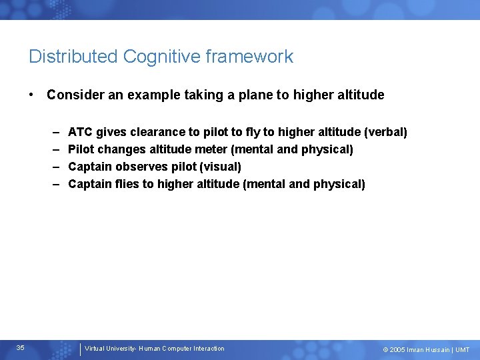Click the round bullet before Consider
pos(32,95)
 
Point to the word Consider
pos(73,95)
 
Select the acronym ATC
pos(81,132)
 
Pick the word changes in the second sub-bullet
pos(120,149)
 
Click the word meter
pos(210,149)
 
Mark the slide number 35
pos(21,348)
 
